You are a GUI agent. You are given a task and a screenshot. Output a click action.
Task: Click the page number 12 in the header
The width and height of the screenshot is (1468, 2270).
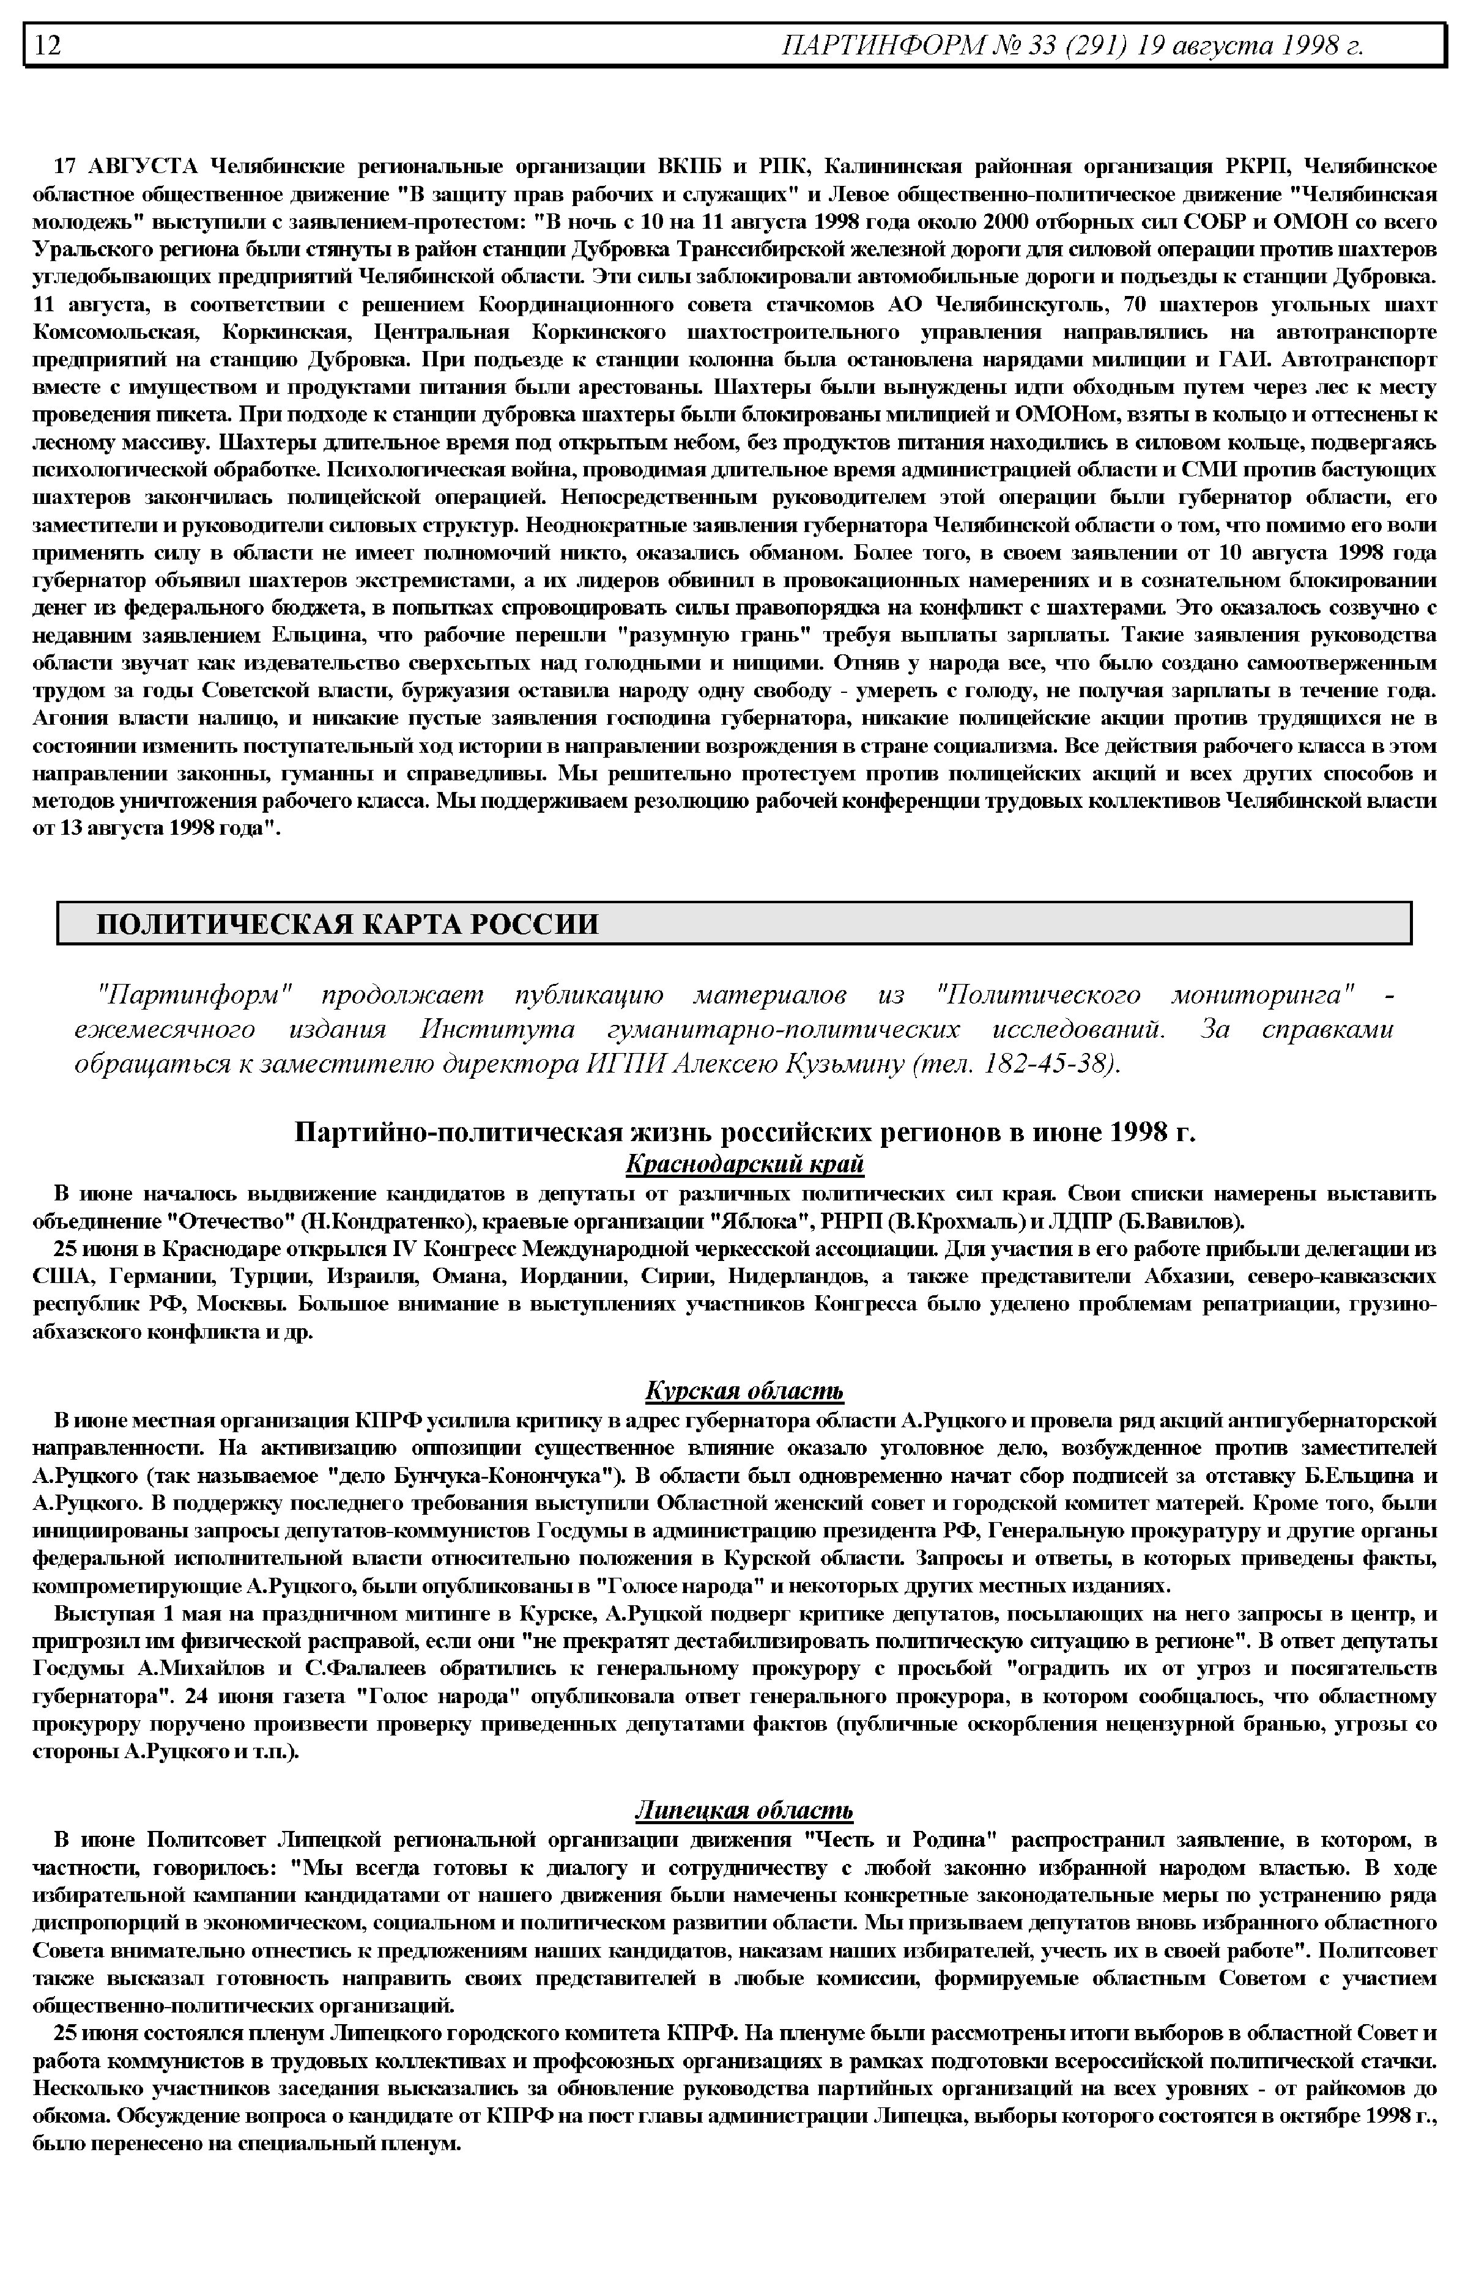(x=48, y=45)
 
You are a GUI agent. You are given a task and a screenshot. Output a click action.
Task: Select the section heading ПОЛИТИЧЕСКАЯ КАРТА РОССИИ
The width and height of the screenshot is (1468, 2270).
(x=348, y=923)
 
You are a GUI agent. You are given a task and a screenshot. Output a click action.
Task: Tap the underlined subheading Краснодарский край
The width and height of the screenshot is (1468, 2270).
(x=744, y=1164)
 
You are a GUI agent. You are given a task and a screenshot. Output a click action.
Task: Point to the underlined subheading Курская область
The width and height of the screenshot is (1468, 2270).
(x=744, y=1391)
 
